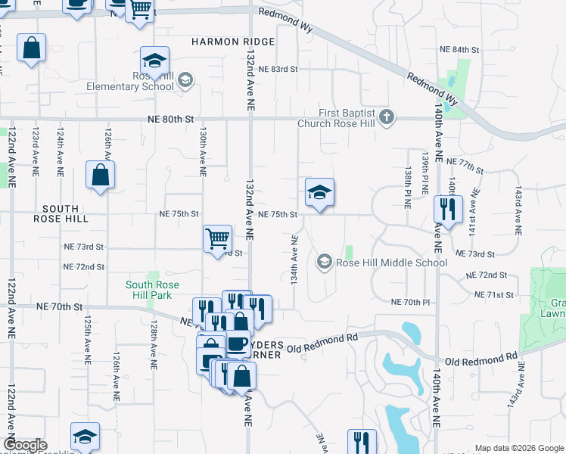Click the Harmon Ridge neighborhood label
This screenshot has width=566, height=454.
(222, 42)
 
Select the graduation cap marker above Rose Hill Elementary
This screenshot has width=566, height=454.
(154, 61)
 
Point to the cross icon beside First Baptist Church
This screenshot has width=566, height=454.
(387, 117)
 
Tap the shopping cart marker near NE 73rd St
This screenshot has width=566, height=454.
(217, 238)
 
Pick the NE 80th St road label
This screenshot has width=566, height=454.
(171, 120)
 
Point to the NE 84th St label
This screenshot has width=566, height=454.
(460, 49)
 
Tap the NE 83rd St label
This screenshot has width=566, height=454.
(278, 69)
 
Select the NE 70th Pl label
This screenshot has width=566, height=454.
(410, 302)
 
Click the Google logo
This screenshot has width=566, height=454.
(25, 445)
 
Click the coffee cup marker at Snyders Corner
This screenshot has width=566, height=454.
(238, 344)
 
